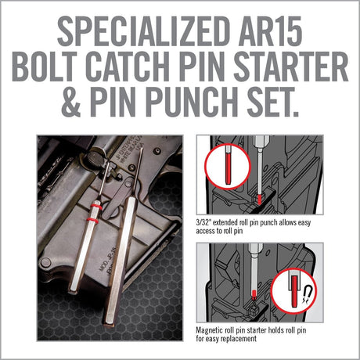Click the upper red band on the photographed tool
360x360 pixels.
point(99,210)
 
